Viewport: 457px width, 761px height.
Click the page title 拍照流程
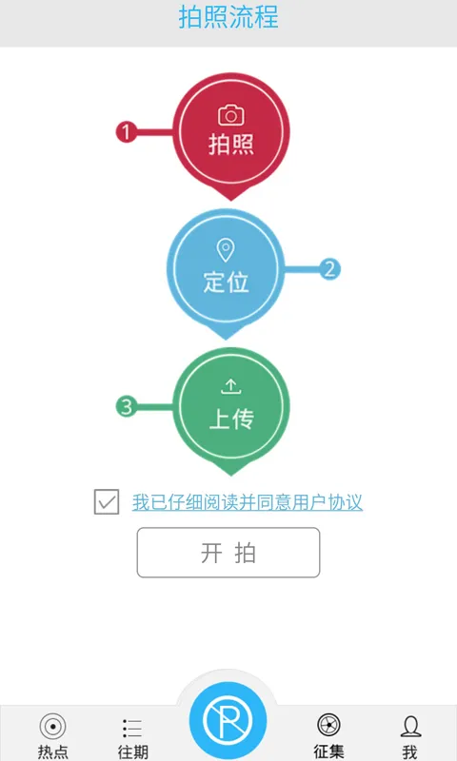click(x=228, y=16)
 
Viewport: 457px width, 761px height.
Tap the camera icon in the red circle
click(x=231, y=115)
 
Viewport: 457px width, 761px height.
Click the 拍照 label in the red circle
click(x=231, y=145)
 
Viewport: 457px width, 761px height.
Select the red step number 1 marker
click(x=127, y=132)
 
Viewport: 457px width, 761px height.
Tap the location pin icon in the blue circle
click(x=226, y=250)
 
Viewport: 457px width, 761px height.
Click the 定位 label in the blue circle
click(x=226, y=282)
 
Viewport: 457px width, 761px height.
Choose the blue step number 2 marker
click(x=329, y=269)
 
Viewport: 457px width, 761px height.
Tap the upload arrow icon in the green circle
click(x=231, y=387)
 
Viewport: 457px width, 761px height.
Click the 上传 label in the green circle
click(x=231, y=419)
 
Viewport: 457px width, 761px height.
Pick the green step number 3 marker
click(x=127, y=406)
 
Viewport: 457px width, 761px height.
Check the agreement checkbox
click(x=107, y=502)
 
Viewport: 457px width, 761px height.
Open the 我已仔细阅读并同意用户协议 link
click(x=248, y=502)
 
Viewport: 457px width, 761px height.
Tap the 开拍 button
click(x=228, y=553)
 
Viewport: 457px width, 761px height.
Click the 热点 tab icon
click(x=53, y=727)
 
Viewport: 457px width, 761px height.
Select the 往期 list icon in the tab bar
click(x=132, y=729)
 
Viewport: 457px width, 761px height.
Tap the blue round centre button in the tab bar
click(x=228, y=720)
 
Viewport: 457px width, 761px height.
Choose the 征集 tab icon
click(x=328, y=726)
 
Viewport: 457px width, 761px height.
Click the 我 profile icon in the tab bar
click(x=410, y=727)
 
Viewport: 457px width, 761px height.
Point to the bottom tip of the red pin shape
click(x=231, y=201)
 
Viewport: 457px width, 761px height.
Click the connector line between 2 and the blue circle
click(x=301, y=269)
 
